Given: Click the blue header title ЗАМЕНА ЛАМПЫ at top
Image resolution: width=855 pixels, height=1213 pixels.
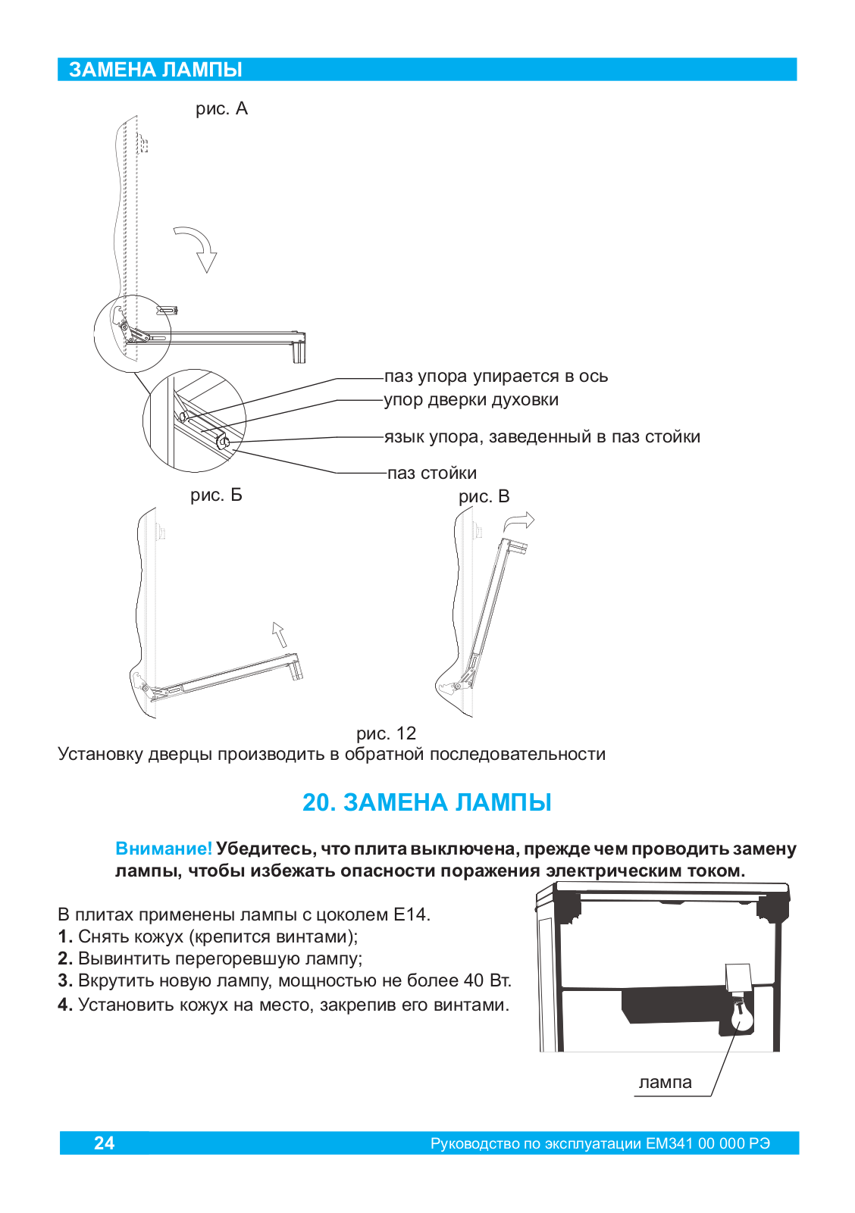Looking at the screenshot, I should pyautogui.click(x=155, y=70).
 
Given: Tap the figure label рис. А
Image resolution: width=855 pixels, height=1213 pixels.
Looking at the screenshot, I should pyautogui.click(x=221, y=109).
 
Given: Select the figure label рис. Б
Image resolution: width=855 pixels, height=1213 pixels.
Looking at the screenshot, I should pyautogui.click(x=216, y=496).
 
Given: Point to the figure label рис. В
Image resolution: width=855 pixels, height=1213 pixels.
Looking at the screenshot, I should pyautogui.click(x=484, y=497).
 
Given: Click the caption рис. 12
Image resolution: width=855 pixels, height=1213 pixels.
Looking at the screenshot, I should pyautogui.click(x=386, y=733).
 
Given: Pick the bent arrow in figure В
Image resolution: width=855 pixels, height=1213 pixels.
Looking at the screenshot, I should pyautogui.click(x=520, y=522).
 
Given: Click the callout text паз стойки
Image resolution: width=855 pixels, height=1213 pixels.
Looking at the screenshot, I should pyautogui.click(x=432, y=474).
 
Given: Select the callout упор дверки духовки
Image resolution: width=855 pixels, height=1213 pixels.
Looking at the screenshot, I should pyautogui.click(x=471, y=400).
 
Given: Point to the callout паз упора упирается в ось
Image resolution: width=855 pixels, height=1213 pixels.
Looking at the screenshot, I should pyautogui.click(x=496, y=377).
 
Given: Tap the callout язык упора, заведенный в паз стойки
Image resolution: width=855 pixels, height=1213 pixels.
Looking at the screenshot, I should pyautogui.click(x=542, y=437).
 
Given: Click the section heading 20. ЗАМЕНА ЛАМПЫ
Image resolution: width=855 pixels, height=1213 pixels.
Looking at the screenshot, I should pyautogui.click(x=427, y=802).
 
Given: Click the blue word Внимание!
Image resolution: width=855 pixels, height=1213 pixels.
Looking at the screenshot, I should pyautogui.click(x=164, y=849).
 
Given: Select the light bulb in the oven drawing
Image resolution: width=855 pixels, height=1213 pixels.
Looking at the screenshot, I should pyautogui.click(x=740, y=1016).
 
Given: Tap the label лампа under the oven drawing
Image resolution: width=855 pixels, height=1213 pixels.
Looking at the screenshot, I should pyautogui.click(x=665, y=1083).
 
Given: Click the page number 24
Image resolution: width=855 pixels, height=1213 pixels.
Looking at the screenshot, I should pyautogui.click(x=104, y=1143).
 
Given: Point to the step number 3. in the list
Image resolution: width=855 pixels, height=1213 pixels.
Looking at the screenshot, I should pyautogui.click(x=65, y=981).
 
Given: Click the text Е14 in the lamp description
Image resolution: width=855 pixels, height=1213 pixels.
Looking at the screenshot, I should pyautogui.click(x=410, y=914).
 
